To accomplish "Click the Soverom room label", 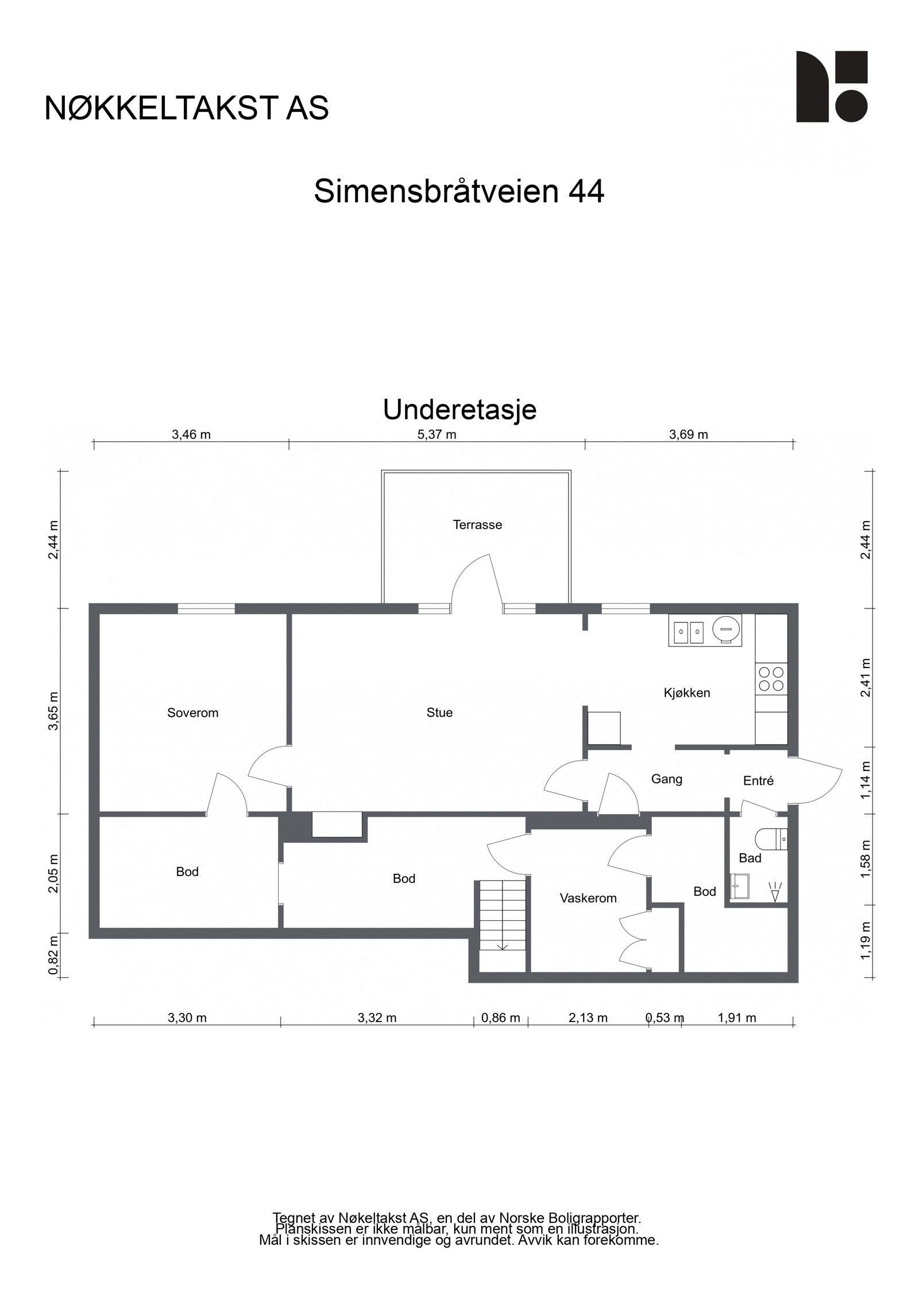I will coord(192,713).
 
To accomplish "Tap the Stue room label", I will coord(439,712).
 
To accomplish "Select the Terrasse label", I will coord(477,524).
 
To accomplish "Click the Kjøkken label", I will coord(687,693).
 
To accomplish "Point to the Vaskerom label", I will coord(588,898).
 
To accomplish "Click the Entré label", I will coord(758,781).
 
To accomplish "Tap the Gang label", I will coord(666,779).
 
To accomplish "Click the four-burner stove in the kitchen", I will coord(771,678).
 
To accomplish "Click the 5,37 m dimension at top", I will coord(437,434).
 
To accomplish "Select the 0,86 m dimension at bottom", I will coord(500,1018).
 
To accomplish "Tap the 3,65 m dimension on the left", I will coord(53,711).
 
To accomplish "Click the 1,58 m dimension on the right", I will coord(866,859).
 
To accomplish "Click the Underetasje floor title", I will coord(459,410).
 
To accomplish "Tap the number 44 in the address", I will coord(586,191).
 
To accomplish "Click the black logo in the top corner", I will coord(831,87).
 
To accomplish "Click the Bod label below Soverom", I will coord(187,871).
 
